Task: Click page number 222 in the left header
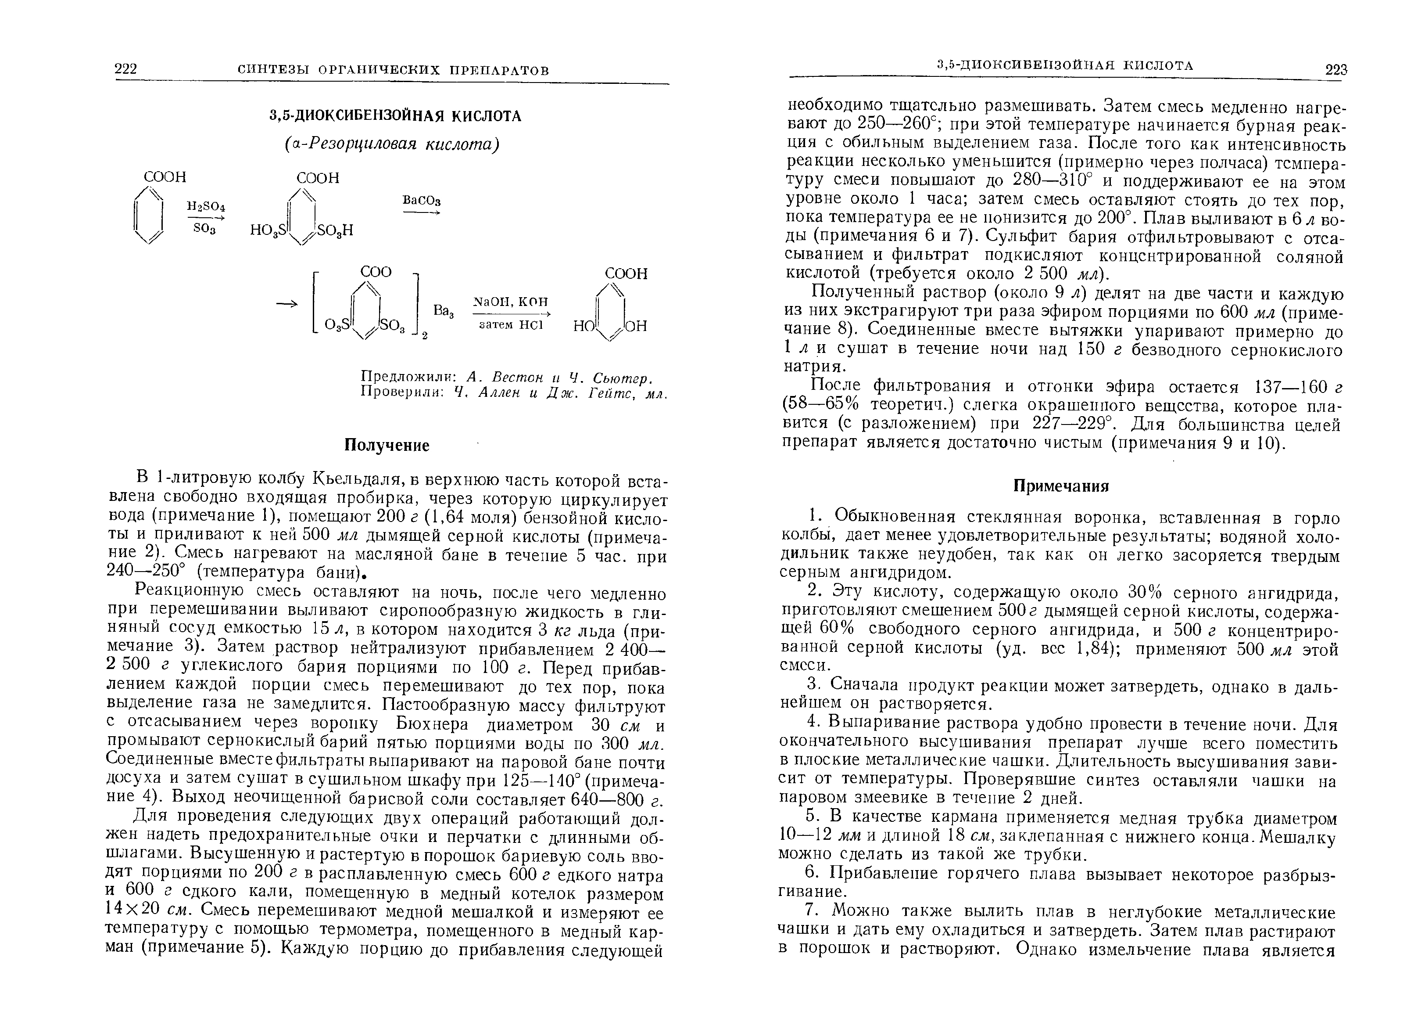point(126,69)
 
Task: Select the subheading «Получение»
point(387,446)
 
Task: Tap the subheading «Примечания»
point(1061,486)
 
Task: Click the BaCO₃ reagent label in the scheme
point(422,201)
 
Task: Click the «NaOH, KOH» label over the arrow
point(511,302)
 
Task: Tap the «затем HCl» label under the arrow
point(511,324)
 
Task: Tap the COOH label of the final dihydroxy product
point(626,273)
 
